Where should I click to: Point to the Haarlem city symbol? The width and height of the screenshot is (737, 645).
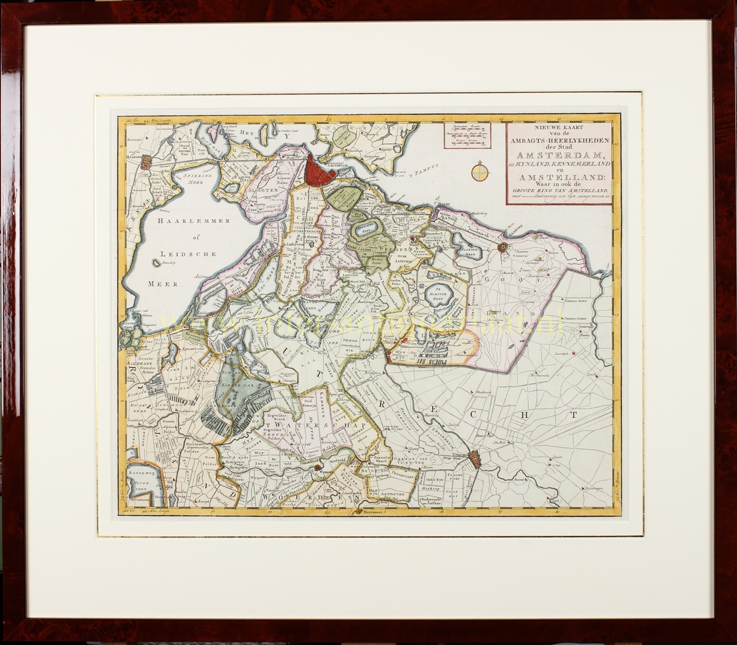(x=146, y=162)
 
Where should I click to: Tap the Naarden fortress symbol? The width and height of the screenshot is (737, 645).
(x=504, y=247)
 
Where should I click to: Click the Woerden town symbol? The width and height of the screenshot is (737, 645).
(x=317, y=469)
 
